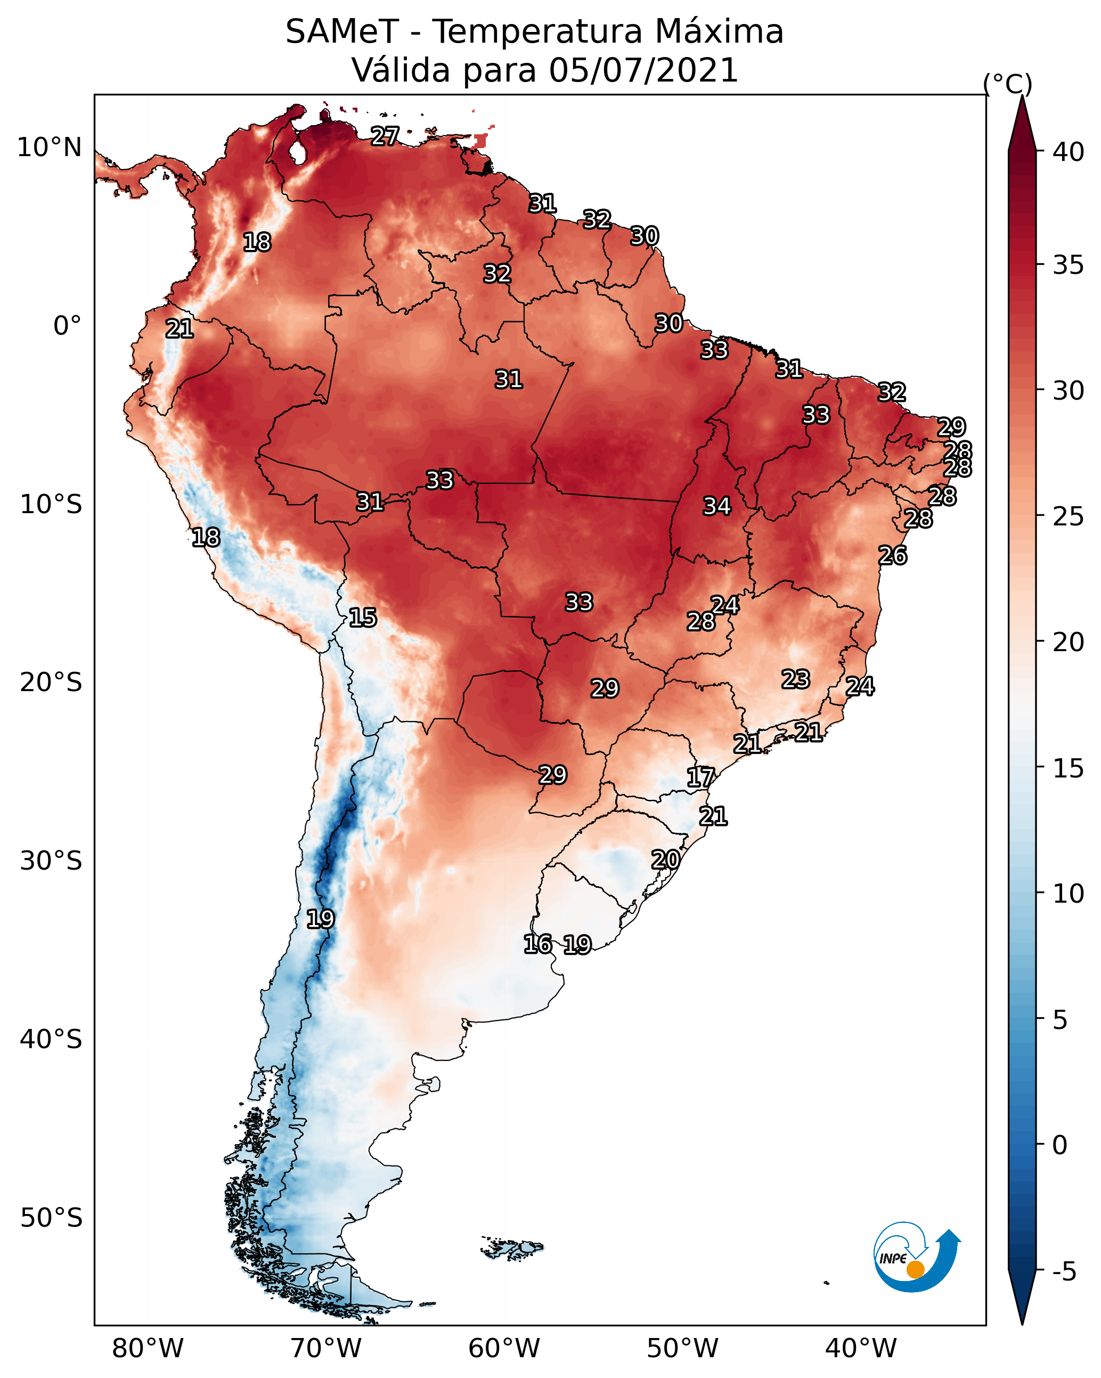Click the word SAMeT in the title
click(342, 32)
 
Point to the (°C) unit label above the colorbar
click(1007, 84)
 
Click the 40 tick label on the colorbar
click(1068, 152)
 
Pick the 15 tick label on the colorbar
click(1068, 768)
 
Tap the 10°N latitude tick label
click(49, 148)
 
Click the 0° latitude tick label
click(67, 326)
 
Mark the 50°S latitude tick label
click(51, 1218)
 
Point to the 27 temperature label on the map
click(385, 136)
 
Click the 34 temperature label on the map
click(716, 506)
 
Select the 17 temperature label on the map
click(700, 777)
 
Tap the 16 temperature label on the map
click(537, 944)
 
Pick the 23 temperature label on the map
click(796, 679)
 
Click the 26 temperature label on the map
click(892, 555)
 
